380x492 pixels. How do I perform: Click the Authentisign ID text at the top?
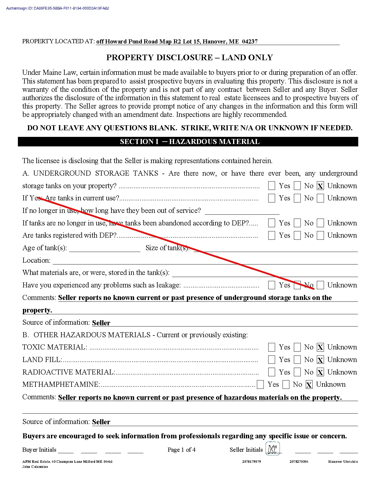coord(58,8)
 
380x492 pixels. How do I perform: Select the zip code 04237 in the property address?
coord(250,41)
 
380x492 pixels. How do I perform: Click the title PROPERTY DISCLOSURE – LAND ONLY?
coord(190,58)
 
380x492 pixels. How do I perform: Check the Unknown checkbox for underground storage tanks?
coord(320,186)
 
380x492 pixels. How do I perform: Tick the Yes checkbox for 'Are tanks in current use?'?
coord(272,198)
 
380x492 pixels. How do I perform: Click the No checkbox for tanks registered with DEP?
coord(297,236)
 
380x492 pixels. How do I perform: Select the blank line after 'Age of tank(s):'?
coord(105,248)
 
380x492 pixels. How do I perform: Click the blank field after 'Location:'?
coord(205,261)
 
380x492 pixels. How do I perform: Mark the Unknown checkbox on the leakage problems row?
coord(320,285)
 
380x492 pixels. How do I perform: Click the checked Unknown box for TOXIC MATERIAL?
coord(320,347)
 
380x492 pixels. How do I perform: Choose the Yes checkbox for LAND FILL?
coord(272,360)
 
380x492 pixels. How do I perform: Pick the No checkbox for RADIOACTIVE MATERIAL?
coord(297,372)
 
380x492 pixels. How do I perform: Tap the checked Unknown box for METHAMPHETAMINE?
coord(309,385)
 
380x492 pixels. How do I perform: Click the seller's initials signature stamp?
coord(272,449)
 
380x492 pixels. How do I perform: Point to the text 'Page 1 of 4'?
coord(182,450)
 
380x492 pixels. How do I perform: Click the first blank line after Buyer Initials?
coord(66,450)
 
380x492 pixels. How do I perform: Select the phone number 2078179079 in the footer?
coord(252,462)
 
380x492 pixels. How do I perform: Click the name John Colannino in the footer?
coord(35,467)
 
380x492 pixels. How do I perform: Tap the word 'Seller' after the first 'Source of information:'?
coord(101,323)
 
